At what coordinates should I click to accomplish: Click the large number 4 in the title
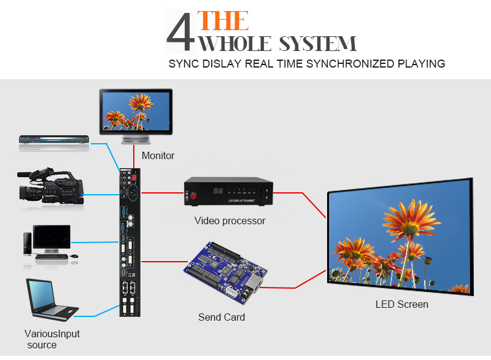coord(180,32)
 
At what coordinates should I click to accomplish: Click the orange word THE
coord(223,21)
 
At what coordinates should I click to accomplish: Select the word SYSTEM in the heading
coord(317,44)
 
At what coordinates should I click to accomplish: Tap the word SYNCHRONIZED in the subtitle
coord(350,64)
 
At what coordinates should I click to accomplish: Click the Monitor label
coord(158,155)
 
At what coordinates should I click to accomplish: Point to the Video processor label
coord(230,221)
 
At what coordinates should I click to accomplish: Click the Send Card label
coord(222,317)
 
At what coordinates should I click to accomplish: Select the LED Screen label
coord(402,304)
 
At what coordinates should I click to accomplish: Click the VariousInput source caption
coord(52,339)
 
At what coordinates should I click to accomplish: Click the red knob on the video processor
coord(193,196)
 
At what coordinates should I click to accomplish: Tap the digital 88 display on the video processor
coord(218,190)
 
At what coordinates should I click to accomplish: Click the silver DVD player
coord(54,139)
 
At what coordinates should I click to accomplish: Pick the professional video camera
coord(50,186)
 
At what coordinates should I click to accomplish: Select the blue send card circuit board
coord(225,272)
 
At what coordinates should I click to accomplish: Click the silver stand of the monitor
coord(136,139)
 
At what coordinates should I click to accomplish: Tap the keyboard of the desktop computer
coord(52,257)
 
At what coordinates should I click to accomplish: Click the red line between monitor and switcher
coord(134,157)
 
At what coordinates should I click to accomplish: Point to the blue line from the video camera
coord(101,195)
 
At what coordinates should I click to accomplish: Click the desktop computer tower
coord(28,243)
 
